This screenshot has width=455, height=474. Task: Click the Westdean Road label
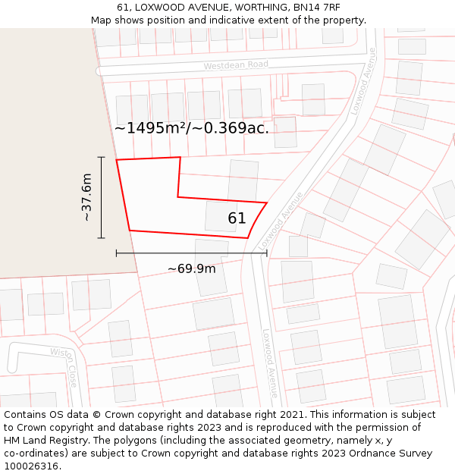click(236, 66)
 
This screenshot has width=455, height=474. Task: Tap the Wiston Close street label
click(64, 366)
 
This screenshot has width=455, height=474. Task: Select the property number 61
click(237, 218)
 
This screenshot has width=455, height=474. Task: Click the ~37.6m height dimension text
click(86, 197)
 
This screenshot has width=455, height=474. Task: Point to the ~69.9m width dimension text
click(191, 268)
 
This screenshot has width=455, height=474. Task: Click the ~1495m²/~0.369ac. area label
click(192, 128)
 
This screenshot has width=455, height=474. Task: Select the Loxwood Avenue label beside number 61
click(280, 221)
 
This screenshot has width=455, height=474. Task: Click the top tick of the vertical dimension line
click(101, 157)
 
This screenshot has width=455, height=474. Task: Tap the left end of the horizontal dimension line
click(116, 253)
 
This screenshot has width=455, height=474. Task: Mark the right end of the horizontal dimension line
click(267, 253)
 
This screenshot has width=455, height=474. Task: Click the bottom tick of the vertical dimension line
click(101, 238)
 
